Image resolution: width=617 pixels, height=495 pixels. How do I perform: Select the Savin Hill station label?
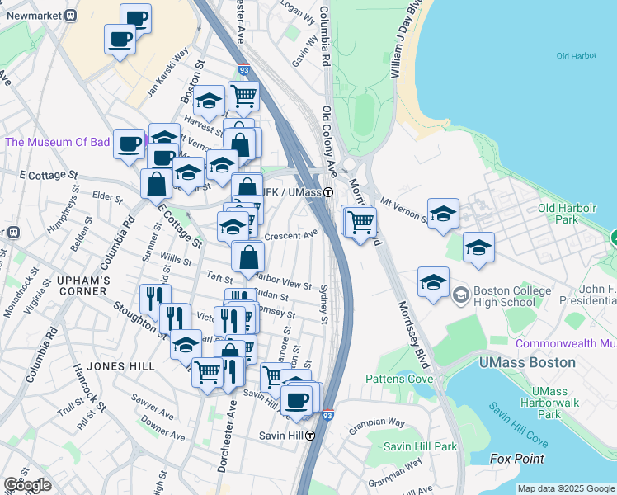(x=276, y=436)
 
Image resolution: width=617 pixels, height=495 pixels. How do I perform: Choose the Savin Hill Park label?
(x=420, y=446)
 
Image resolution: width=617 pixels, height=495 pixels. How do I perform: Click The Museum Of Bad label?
(x=58, y=142)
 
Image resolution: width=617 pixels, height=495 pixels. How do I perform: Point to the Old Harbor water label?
(x=576, y=56)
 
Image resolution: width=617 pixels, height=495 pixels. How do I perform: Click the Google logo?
(x=27, y=485)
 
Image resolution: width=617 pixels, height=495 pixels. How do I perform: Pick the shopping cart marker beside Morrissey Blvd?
(x=360, y=220)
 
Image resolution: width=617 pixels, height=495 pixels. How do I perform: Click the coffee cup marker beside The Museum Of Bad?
(x=130, y=144)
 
